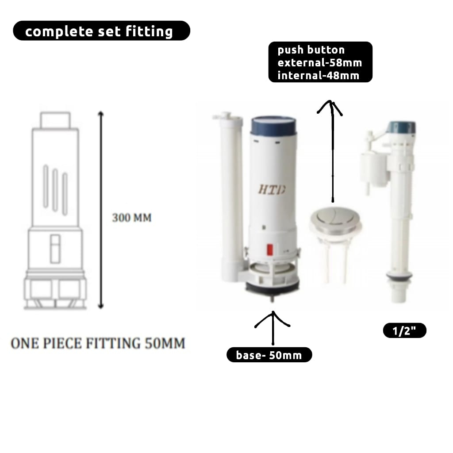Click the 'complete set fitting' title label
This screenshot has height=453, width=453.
pyautogui.click(x=101, y=31)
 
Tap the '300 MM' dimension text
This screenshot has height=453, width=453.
pyautogui.click(x=132, y=218)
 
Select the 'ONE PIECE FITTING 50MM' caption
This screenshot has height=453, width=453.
pyautogui.click(x=98, y=343)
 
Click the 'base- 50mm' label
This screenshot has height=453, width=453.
pyautogui.click(x=269, y=355)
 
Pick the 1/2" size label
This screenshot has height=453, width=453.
pyautogui.click(x=404, y=330)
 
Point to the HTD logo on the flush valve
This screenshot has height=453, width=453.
pyautogui.click(x=272, y=189)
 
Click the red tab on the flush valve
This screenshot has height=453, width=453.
pyautogui.click(x=270, y=250)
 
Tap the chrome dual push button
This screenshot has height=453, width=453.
pyautogui.click(x=336, y=219)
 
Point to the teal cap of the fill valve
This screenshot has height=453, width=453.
pyautogui.click(x=402, y=127)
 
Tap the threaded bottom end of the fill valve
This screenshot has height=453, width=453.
pyautogui.click(x=399, y=292)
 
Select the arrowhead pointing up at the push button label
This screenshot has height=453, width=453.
pyautogui.click(x=330, y=107)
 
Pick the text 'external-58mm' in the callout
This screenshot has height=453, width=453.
pyautogui.click(x=320, y=63)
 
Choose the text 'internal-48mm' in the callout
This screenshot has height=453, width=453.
pyautogui.click(x=319, y=76)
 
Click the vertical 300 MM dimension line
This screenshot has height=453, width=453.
pyautogui.click(x=100, y=210)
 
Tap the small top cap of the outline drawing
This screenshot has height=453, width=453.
pyautogui.click(x=55, y=120)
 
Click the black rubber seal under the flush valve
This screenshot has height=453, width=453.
pyautogui.click(x=272, y=288)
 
